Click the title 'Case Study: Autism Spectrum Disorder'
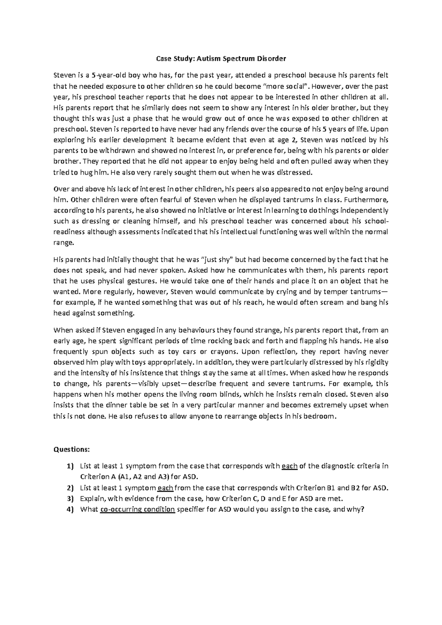tap(221, 59)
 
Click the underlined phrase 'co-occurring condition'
tap(137, 510)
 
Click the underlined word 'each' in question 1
tap(289, 466)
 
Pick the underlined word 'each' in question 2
tap(165, 488)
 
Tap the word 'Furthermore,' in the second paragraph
tap(369, 200)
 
